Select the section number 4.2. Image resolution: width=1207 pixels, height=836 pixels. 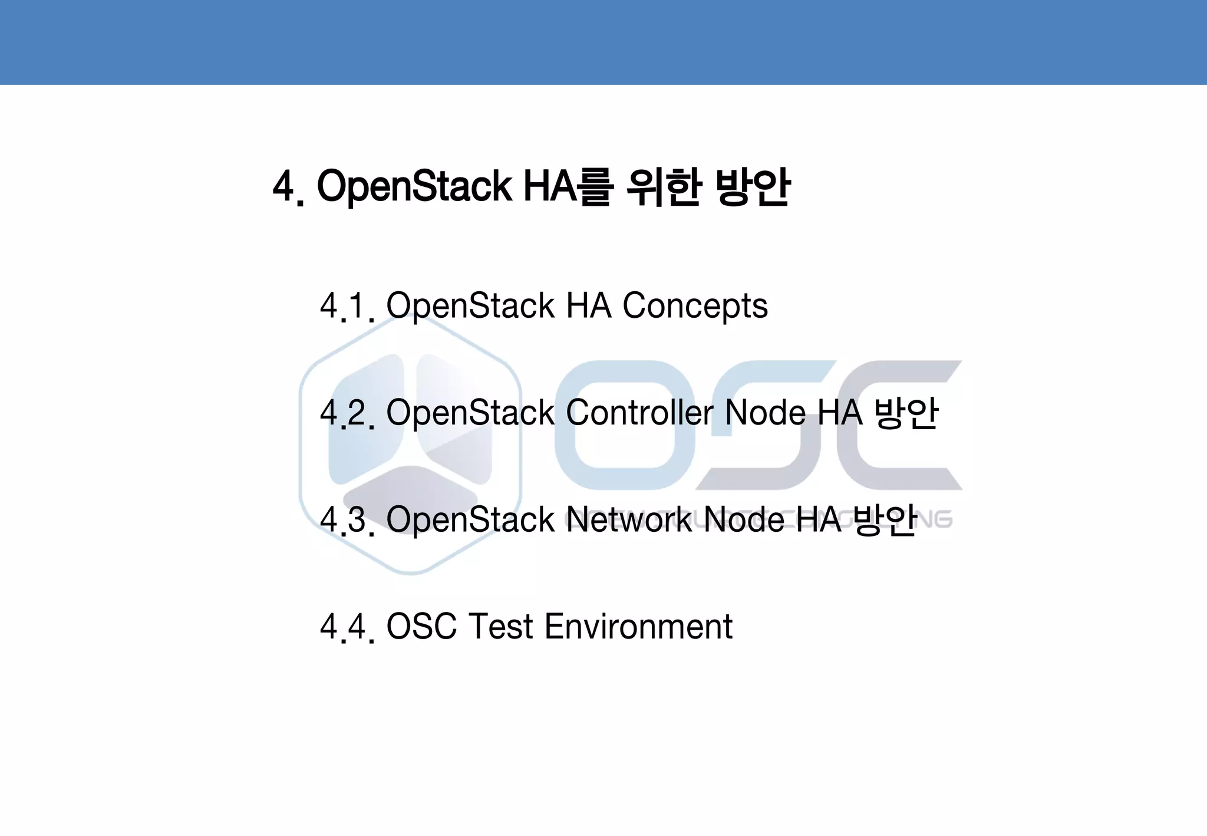pos(347,413)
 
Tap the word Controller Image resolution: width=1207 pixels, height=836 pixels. pos(639,413)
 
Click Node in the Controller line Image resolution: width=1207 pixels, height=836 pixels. pos(765,413)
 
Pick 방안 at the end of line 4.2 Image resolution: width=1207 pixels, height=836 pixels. pos(906,413)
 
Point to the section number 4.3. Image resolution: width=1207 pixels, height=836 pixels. pos(347,520)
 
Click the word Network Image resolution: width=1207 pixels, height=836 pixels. pos(628,520)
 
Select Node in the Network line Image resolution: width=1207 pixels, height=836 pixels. pos(744,520)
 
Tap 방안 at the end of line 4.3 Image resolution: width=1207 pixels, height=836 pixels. pos(885,520)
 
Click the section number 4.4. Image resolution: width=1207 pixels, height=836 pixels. pos(347,627)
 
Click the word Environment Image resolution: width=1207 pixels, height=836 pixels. pos(638,627)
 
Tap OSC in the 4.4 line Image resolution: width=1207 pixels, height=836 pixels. pos(421,627)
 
